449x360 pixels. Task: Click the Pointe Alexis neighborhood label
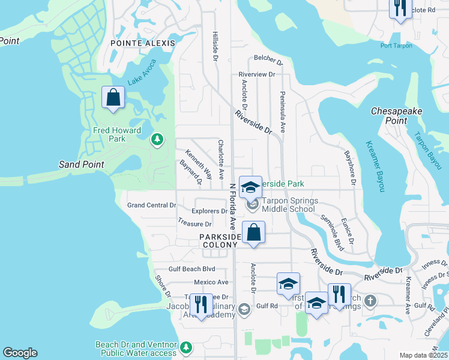143,43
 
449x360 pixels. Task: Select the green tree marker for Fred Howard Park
157,139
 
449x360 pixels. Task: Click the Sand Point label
81,164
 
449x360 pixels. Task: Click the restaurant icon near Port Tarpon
400,8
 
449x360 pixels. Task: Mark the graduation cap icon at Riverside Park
250,187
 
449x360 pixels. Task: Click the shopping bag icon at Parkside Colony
254,232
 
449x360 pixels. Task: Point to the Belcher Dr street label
268,60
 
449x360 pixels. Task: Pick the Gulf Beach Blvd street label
192,269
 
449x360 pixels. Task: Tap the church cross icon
371,300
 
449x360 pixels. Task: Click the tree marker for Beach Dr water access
186,347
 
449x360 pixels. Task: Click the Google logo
20,353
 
